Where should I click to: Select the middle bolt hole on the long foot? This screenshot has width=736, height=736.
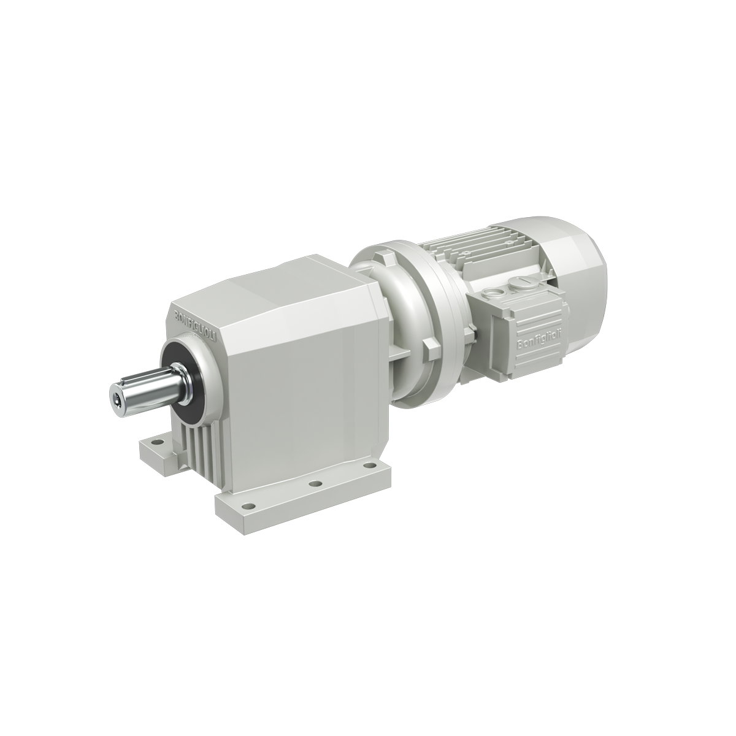pyautogui.click(x=315, y=484)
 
